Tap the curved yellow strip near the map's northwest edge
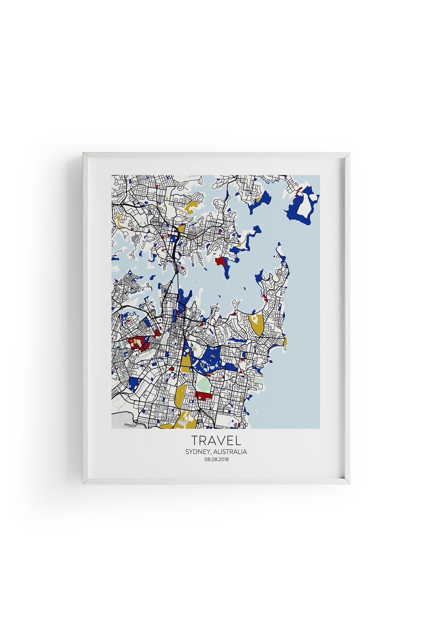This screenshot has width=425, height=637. (x=120, y=222)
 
